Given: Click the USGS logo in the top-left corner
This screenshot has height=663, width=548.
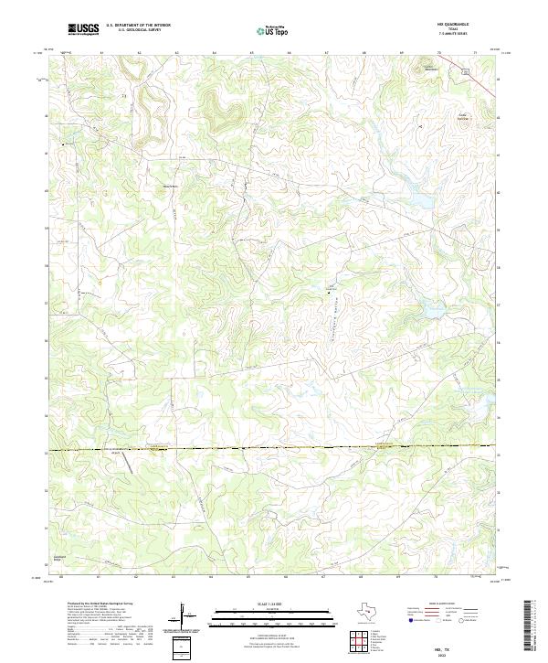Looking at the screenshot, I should [x=83, y=29].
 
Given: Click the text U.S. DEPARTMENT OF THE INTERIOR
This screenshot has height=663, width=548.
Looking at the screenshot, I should [x=138, y=26].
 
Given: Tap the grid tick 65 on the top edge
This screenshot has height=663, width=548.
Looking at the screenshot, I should [x=251, y=54].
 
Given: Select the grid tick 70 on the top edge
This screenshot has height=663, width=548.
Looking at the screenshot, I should [x=438, y=54].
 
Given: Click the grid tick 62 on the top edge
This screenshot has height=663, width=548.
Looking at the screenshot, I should [x=139, y=54].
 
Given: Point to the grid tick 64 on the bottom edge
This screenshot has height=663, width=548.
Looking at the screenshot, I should [x=214, y=578].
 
